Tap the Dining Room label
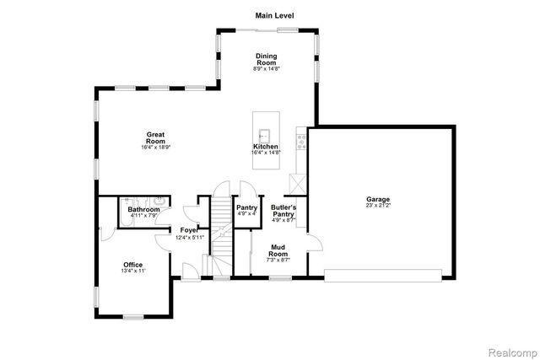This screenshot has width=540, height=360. point(266,59)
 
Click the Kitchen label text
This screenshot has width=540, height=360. point(266,147)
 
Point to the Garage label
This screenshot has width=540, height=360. point(379,199)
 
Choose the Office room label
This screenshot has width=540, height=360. point(133,265)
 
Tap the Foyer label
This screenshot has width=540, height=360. point(190,230)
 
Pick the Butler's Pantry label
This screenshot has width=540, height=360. point(283,211)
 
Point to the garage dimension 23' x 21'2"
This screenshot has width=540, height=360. point(379,206)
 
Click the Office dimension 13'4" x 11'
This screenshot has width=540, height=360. point(133,271)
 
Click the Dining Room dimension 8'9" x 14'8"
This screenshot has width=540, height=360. point(266,69)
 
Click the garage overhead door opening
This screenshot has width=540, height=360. point(382,273)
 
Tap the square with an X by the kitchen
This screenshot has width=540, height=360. point(297,184)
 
